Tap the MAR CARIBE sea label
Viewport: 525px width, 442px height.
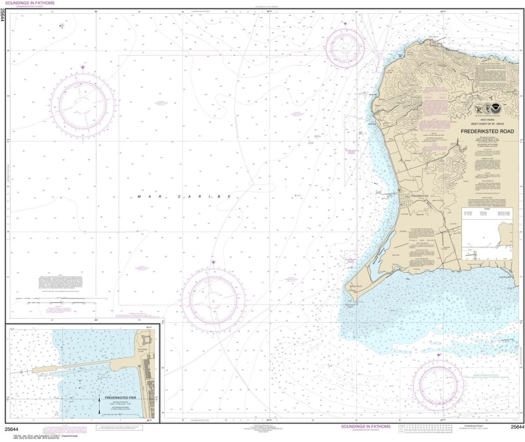(184, 196)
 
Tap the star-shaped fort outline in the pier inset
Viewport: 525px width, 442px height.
(145, 340)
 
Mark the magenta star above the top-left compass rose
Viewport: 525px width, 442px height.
(83, 67)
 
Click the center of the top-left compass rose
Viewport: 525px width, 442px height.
(83, 104)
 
